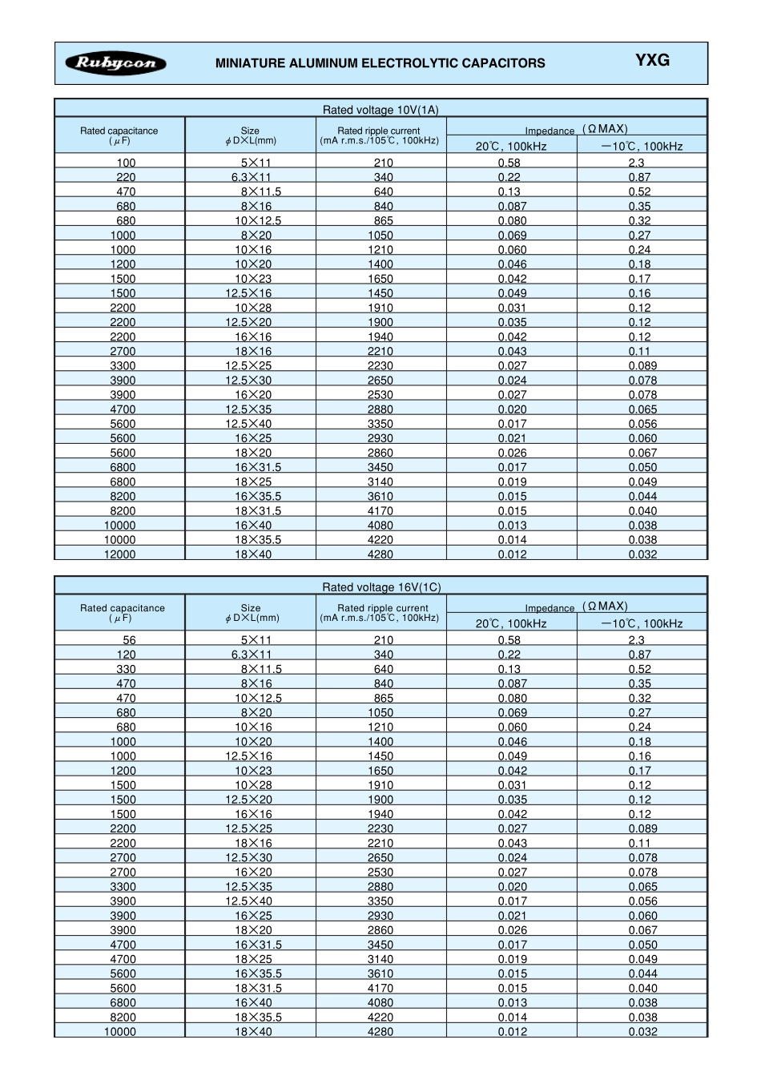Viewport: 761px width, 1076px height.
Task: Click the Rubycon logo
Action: tap(116, 63)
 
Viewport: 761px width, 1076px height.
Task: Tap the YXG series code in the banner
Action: tap(652, 60)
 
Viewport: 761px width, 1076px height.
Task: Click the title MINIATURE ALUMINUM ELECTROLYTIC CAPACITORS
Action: tap(380, 63)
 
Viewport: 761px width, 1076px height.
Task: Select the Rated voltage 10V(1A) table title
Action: tap(380, 110)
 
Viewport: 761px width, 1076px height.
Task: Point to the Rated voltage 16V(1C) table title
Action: tap(381, 587)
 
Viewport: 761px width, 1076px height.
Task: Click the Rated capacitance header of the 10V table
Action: tap(119, 135)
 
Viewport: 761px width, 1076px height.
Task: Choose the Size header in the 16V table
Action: tap(251, 613)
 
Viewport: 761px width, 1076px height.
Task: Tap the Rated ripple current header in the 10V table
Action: tap(379, 135)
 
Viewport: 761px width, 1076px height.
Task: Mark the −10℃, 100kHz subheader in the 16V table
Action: tap(642, 623)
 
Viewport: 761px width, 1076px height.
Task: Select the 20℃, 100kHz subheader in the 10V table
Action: tap(511, 146)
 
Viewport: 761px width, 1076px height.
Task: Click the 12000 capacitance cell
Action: tap(120, 554)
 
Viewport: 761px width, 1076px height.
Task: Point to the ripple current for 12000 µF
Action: tap(380, 554)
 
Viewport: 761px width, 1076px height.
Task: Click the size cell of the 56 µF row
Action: tap(256, 640)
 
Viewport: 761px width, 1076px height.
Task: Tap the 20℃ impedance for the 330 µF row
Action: tap(509, 669)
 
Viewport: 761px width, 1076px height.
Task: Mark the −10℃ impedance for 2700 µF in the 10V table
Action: tap(639, 351)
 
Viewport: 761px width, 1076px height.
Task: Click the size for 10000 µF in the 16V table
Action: tap(253, 1032)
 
